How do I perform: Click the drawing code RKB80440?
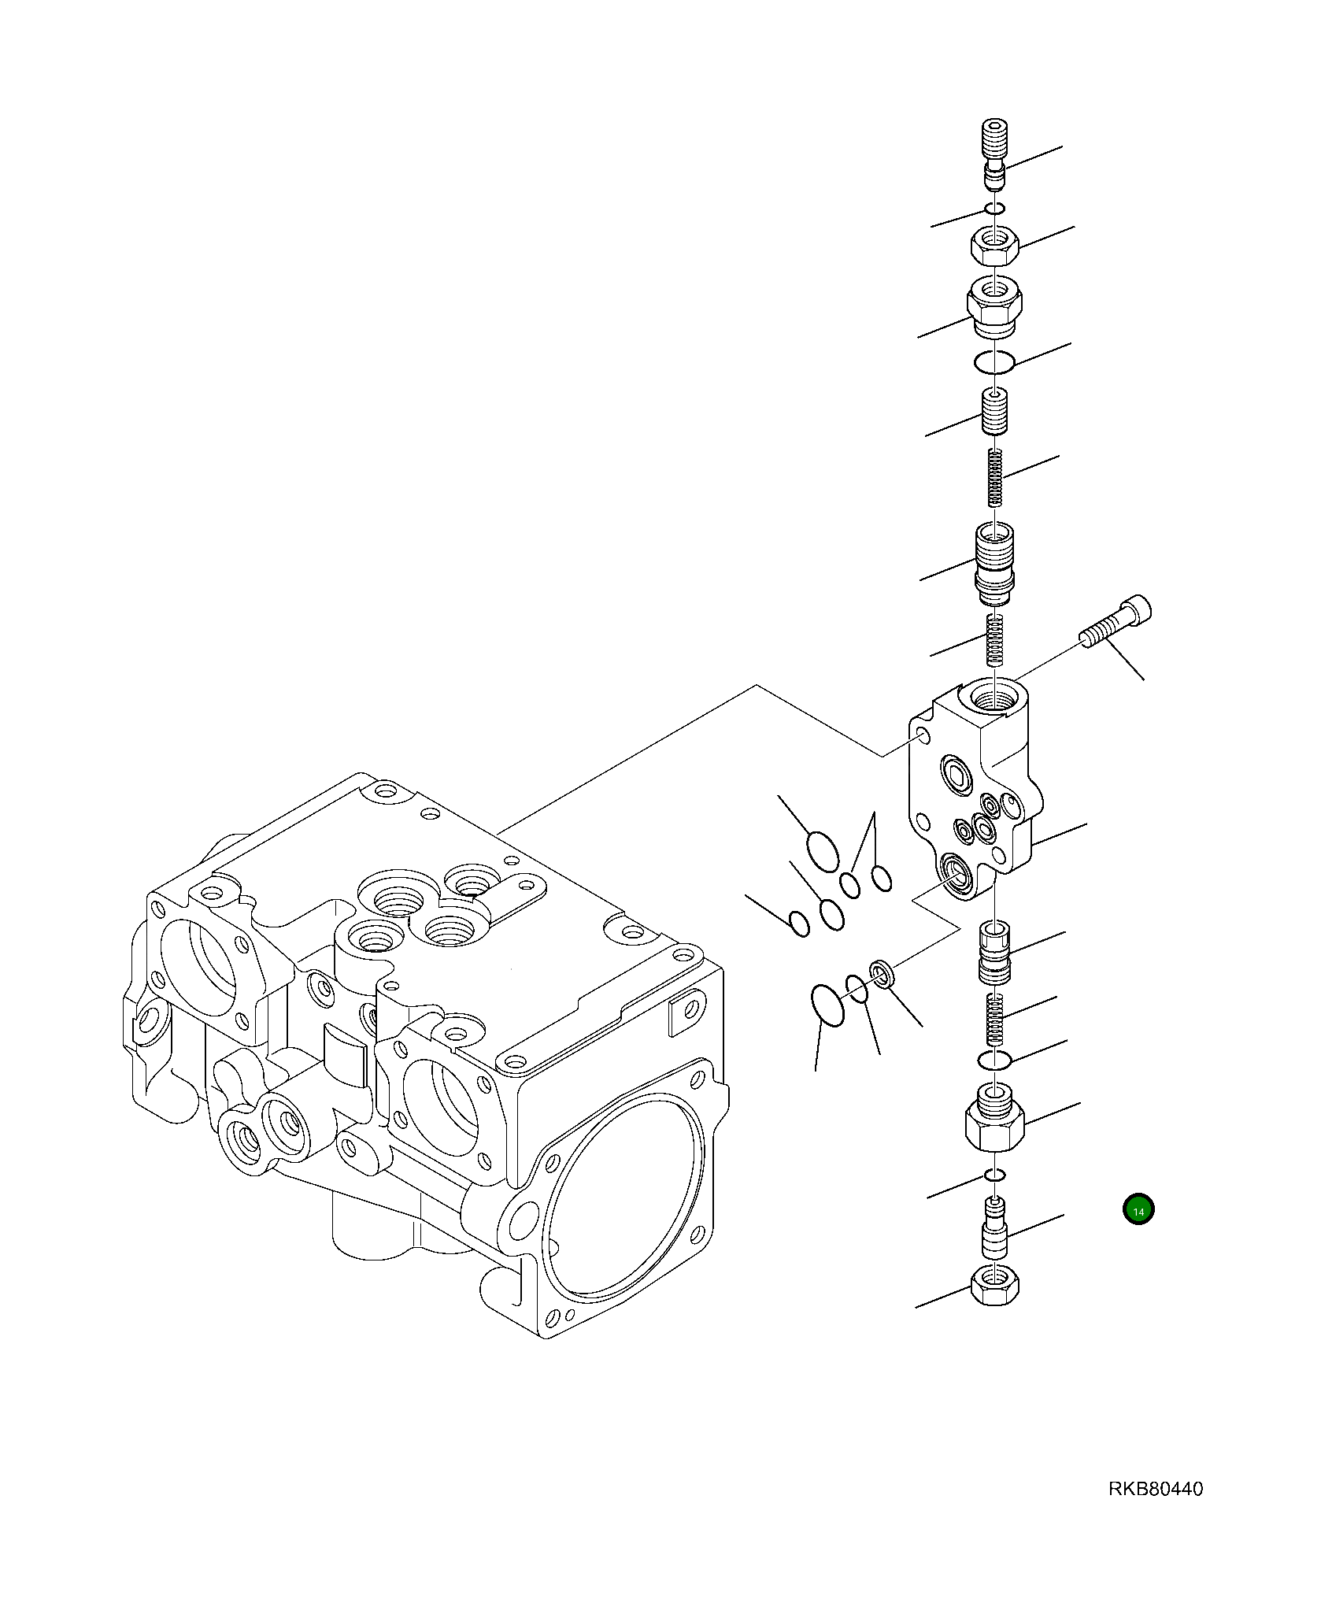pos(1156,1489)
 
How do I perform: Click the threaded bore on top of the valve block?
pos(995,695)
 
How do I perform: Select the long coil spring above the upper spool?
pos(996,477)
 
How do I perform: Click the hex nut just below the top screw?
pos(996,247)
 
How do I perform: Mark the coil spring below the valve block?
pos(996,1016)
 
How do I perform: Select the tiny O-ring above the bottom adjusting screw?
pos(996,1197)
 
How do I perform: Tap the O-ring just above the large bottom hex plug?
pos(994,1061)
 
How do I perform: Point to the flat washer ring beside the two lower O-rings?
pos(882,974)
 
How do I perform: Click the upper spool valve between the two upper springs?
pos(996,557)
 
